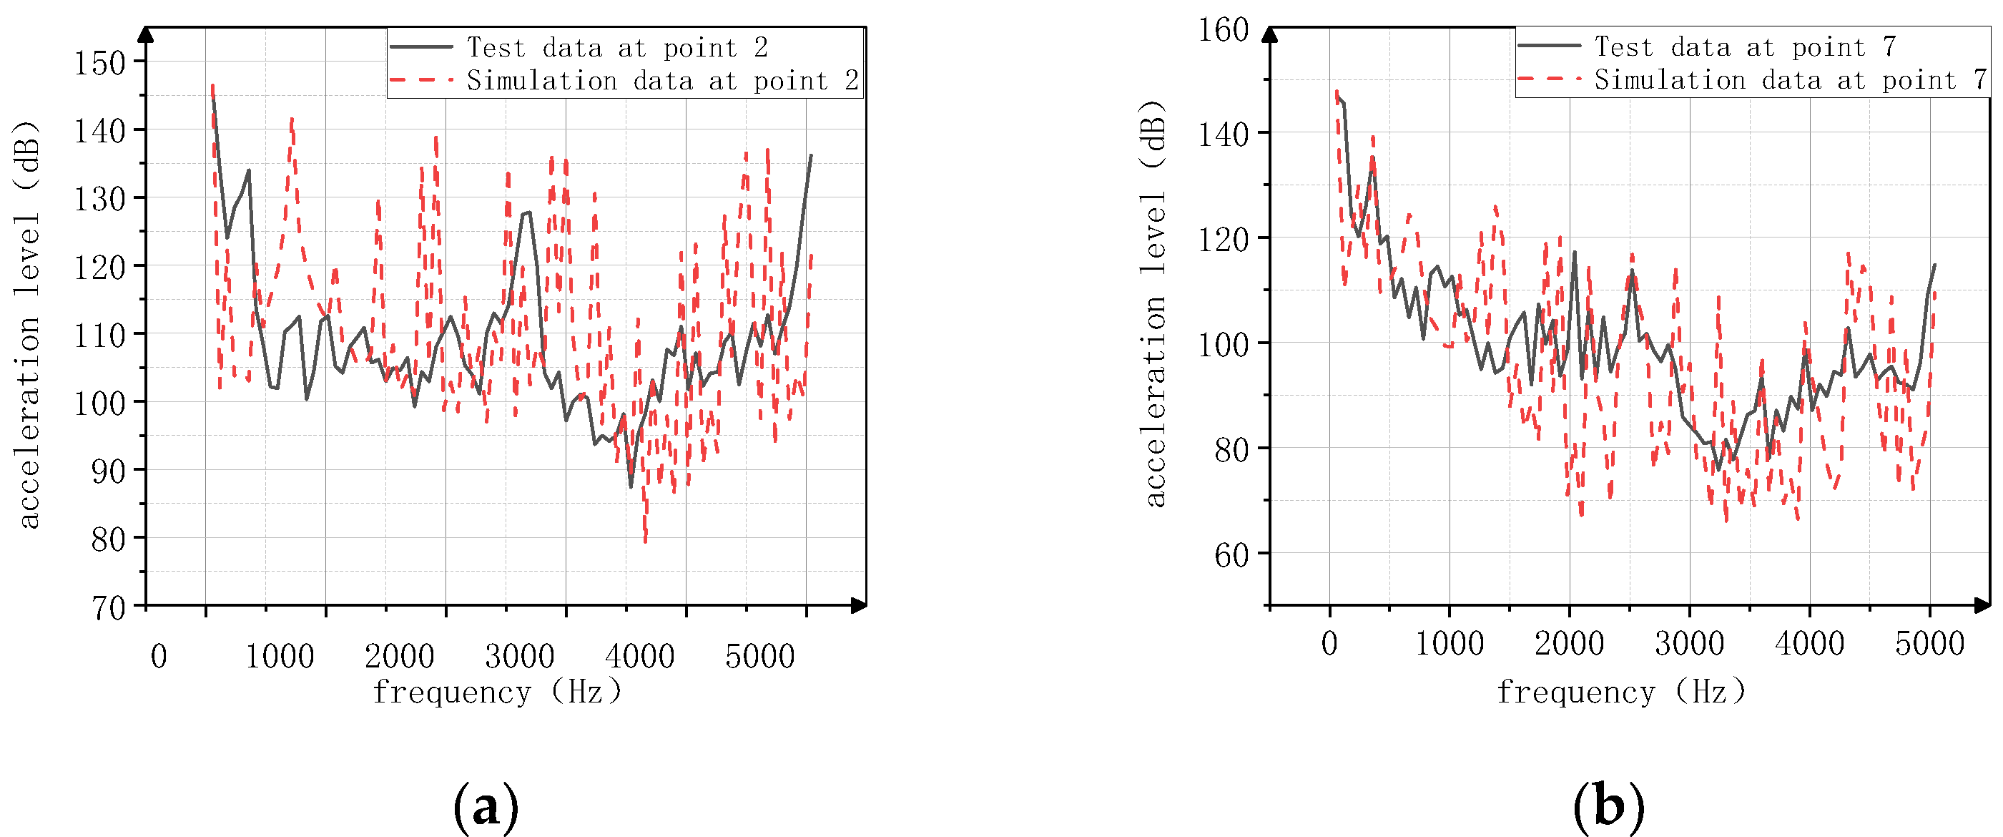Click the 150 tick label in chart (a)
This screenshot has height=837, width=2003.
[99, 63]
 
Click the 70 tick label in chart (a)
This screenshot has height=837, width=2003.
[109, 607]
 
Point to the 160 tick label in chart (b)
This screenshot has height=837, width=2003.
[1222, 30]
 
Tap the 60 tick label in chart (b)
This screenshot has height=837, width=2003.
[1231, 555]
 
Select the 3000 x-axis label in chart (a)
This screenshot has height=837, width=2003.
[519, 657]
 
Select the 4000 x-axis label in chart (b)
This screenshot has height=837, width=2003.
[1808, 644]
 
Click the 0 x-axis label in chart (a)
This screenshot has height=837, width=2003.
[159, 657]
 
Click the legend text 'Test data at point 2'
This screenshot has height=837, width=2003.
[616, 47]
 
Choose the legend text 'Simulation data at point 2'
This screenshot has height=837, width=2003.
[662, 80]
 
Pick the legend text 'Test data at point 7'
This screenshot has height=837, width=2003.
[1745, 46]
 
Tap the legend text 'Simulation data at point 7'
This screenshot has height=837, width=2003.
[1790, 79]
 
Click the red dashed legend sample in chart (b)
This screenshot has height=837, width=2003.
[1548, 79]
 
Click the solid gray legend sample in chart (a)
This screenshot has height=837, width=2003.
[421, 47]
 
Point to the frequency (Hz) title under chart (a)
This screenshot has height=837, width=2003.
[498, 692]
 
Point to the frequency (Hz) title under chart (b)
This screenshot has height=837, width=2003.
[1621, 692]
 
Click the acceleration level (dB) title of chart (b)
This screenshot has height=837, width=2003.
[1156, 303]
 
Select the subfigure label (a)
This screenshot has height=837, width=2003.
[486, 807]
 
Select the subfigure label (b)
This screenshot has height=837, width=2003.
[1608, 807]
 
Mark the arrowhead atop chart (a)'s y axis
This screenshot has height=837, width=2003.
[145, 34]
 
